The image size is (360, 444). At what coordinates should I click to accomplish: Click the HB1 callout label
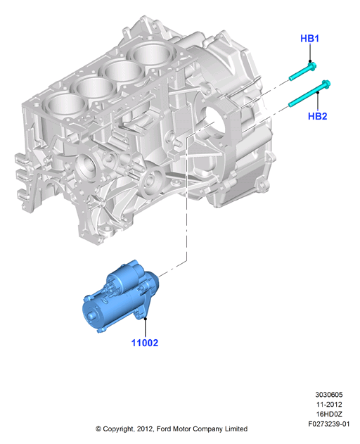[x=309, y=38]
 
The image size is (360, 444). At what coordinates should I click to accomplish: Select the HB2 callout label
[x=317, y=116]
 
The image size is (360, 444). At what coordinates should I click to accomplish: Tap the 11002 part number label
[x=145, y=343]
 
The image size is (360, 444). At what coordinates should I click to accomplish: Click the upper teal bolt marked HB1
[x=302, y=71]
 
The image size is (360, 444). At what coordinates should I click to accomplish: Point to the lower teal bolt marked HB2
[x=309, y=94]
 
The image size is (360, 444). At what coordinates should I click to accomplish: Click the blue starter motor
[x=120, y=296]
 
